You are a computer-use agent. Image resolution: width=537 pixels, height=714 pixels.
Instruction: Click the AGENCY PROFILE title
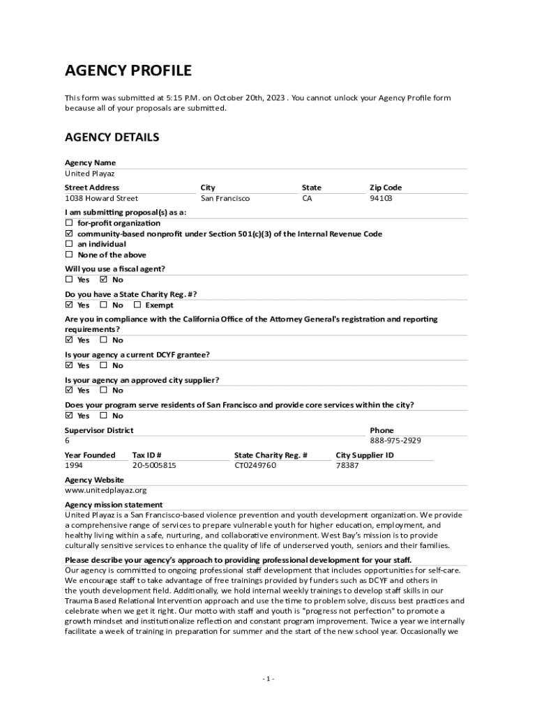click(x=128, y=70)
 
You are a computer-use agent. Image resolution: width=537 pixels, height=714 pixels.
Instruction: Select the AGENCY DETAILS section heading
click(x=112, y=137)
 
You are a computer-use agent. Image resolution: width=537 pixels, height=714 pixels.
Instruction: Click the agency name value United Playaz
click(x=89, y=174)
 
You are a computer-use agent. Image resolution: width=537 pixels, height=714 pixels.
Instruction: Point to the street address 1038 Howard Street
click(x=101, y=199)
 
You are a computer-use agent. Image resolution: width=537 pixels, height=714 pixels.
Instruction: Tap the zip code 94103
click(x=381, y=199)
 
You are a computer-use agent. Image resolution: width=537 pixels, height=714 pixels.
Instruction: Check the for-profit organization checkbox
click(x=69, y=223)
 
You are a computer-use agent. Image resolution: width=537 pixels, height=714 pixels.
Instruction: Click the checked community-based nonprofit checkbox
click(x=69, y=234)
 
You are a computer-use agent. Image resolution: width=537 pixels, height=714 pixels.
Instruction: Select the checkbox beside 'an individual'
click(x=69, y=245)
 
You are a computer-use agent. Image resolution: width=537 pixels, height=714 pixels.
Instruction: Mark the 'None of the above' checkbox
click(x=69, y=255)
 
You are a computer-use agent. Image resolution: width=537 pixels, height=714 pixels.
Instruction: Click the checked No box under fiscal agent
click(x=104, y=280)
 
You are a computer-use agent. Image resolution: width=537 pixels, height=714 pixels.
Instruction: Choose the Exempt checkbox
click(x=137, y=305)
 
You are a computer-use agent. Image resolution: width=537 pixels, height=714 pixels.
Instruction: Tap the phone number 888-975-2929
click(x=395, y=441)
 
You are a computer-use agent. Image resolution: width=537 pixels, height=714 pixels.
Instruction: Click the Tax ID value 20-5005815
click(x=154, y=465)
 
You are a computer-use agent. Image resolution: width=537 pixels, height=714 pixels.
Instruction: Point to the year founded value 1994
click(x=74, y=465)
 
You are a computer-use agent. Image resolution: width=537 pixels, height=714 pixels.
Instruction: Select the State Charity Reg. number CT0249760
click(x=255, y=465)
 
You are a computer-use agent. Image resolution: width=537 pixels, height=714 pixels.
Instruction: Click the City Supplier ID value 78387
click(x=347, y=465)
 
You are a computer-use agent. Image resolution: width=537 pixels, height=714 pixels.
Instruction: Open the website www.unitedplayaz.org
click(x=105, y=490)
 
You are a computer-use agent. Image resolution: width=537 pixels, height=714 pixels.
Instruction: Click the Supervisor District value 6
click(x=68, y=441)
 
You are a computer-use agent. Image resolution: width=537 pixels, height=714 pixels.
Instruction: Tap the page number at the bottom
click(x=268, y=679)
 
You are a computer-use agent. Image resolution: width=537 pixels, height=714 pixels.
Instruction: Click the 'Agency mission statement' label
click(x=114, y=505)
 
